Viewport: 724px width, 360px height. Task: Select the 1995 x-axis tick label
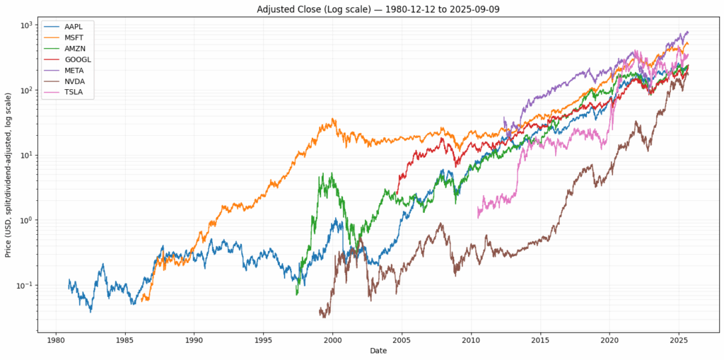[264, 339]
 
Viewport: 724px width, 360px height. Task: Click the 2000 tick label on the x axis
[333, 339]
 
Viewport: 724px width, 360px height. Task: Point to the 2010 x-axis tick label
[472, 339]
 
